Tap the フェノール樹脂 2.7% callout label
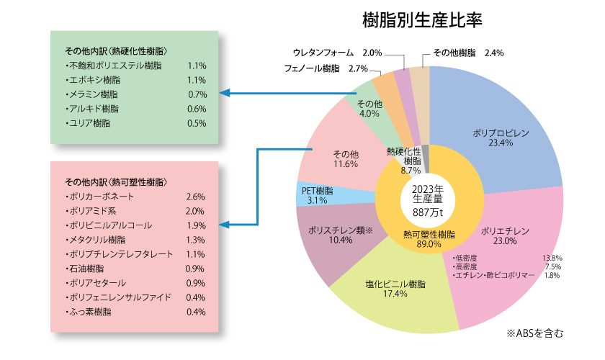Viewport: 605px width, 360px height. click(x=337, y=68)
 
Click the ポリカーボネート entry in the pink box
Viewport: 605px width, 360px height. click(x=99, y=197)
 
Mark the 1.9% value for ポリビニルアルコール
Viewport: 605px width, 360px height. click(x=196, y=225)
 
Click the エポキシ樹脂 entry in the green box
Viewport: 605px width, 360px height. click(x=89, y=80)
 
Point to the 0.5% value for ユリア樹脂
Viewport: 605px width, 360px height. click(x=196, y=123)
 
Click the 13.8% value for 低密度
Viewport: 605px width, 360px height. click(x=552, y=257)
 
